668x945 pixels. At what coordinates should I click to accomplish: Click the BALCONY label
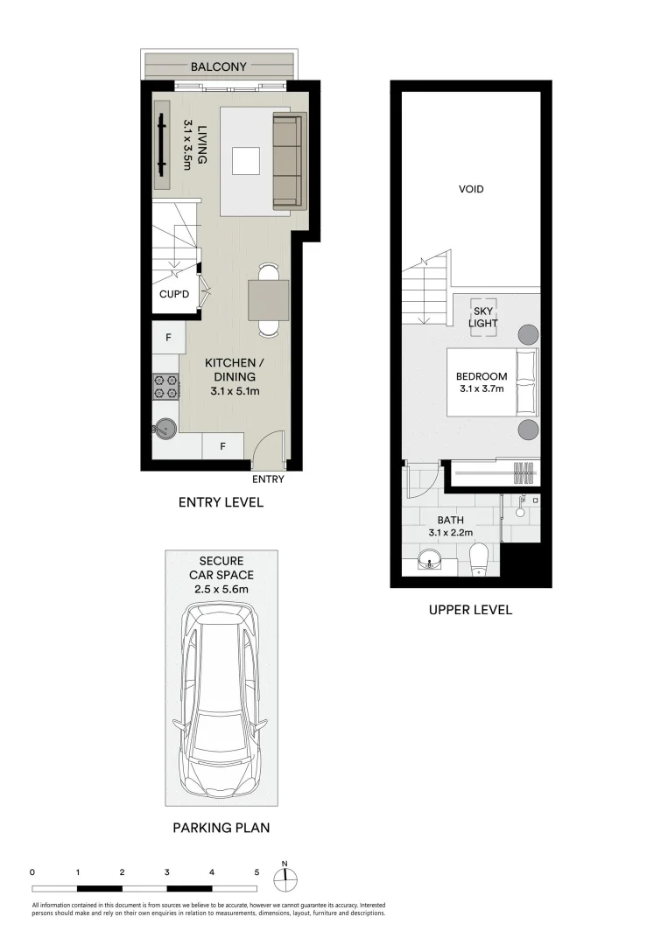pos(219,66)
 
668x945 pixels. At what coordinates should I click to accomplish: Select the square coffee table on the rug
pos(246,161)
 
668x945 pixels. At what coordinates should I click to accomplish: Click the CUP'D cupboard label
pos(173,295)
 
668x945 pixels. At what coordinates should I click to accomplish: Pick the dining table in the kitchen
pos(269,300)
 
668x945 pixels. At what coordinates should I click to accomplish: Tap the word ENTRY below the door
pos(268,479)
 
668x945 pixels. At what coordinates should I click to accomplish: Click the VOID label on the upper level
pos(471,189)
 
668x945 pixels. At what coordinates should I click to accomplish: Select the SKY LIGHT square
pos(484,317)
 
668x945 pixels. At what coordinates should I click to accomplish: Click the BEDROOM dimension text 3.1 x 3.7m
pos(481,388)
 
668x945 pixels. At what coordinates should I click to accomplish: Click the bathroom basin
pos(429,560)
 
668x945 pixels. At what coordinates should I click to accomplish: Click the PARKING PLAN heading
pos(221,827)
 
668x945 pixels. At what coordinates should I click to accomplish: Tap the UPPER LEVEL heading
pos(470,610)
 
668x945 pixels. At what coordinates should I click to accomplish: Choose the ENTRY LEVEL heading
pos(221,502)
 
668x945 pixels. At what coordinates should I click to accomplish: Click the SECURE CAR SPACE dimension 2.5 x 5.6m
pos(221,589)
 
